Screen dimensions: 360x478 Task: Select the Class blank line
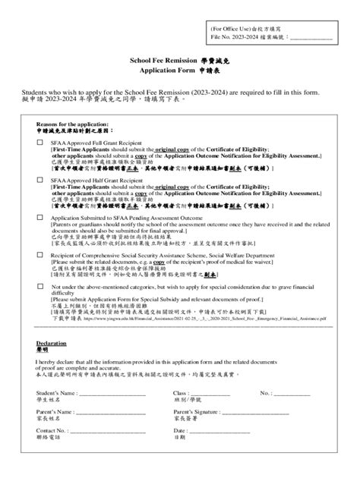[219, 393]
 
